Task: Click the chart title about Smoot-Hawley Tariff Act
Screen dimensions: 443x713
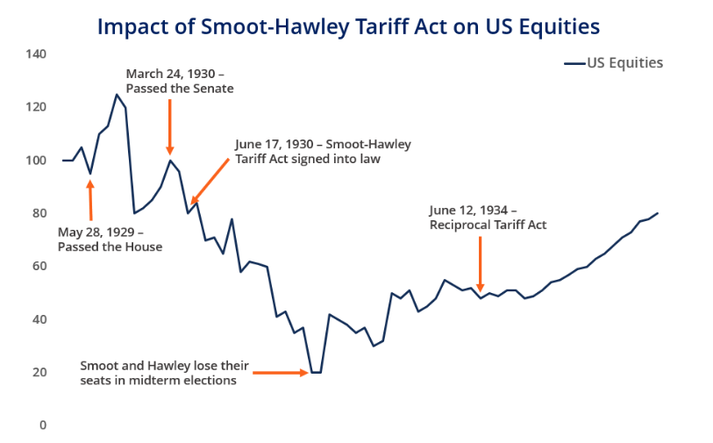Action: tap(348, 26)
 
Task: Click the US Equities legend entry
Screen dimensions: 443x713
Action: tap(614, 63)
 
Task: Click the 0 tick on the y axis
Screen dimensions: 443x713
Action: tap(42, 425)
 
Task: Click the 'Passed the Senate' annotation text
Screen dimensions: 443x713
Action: tap(180, 81)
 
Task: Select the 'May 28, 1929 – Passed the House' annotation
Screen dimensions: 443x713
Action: tap(110, 239)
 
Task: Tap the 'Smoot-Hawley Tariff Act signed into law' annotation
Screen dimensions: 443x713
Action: tap(322, 151)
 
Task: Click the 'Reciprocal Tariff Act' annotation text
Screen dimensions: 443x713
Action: tap(488, 218)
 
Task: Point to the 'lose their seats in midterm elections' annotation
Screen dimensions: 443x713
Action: tap(165, 373)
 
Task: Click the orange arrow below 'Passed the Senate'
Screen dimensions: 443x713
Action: tap(170, 126)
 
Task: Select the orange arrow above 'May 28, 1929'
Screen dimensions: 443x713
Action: tap(90, 200)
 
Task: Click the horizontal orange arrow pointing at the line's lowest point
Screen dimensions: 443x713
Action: tap(281, 373)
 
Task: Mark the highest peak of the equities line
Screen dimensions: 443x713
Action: tap(117, 95)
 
